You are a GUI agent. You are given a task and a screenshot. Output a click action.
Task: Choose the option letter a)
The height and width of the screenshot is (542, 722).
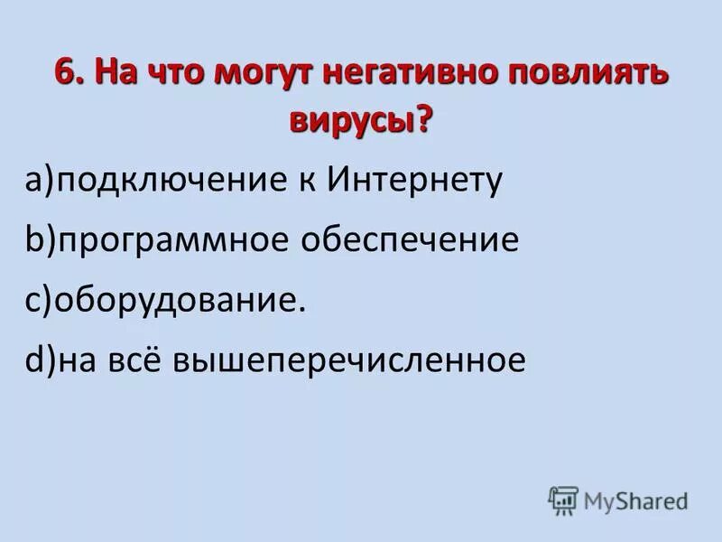(x=41, y=182)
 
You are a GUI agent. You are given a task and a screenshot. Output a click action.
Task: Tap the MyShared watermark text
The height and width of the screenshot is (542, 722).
(x=635, y=500)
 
